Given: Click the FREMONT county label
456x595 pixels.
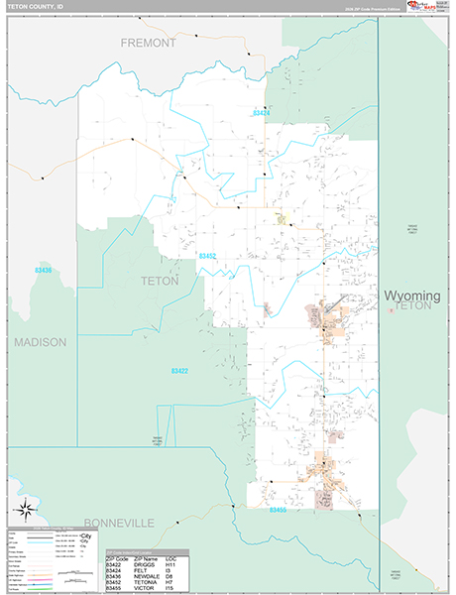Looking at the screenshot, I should (148, 44).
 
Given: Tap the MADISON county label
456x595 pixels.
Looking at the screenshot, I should (40, 342).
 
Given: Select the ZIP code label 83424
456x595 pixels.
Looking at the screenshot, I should (261, 113).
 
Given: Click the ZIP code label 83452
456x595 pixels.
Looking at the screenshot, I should (207, 256).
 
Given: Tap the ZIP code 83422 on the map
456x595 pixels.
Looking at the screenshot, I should (178, 371).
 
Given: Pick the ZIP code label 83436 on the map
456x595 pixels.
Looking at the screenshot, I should (43, 270).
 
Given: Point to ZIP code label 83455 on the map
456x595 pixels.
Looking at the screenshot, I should (278, 510).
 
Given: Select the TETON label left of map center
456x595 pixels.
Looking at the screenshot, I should (160, 281).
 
